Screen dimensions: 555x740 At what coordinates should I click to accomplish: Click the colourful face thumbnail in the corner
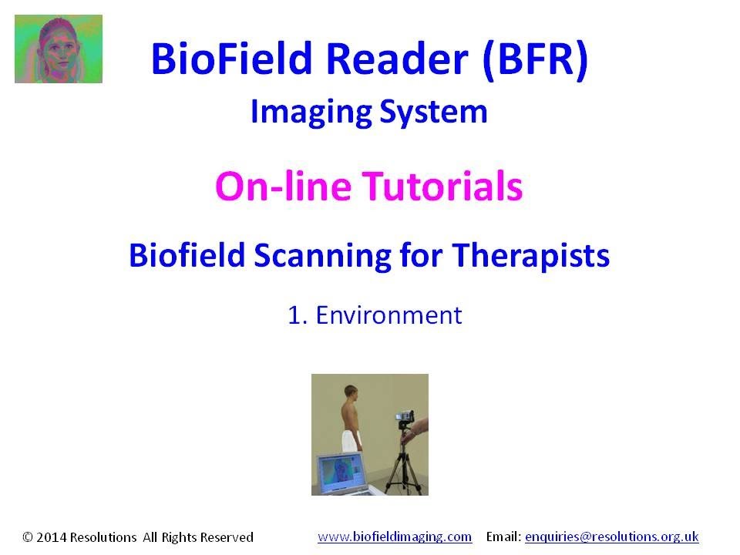pos(59,49)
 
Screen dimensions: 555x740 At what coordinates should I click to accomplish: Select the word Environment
pos(388,315)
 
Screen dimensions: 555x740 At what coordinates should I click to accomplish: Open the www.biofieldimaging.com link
pos(395,536)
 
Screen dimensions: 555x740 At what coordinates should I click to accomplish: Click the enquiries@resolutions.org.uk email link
pos(611,536)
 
